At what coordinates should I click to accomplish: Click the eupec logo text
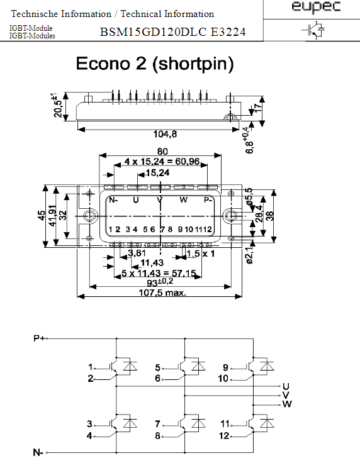pyautogui.click(x=316, y=7)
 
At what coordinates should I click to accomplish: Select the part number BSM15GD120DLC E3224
pyautogui.click(x=173, y=32)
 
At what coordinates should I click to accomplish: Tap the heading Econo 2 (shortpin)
pyautogui.click(x=155, y=64)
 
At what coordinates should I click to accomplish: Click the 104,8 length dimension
pyautogui.click(x=165, y=134)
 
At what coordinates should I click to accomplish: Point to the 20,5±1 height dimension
pyautogui.click(x=58, y=106)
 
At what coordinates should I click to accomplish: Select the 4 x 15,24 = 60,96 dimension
pyautogui.click(x=162, y=162)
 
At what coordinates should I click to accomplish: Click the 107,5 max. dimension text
pyautogui.click(x=162, y=293)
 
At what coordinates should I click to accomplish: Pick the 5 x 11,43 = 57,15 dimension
pyautogui.click(x=159, y=273)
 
